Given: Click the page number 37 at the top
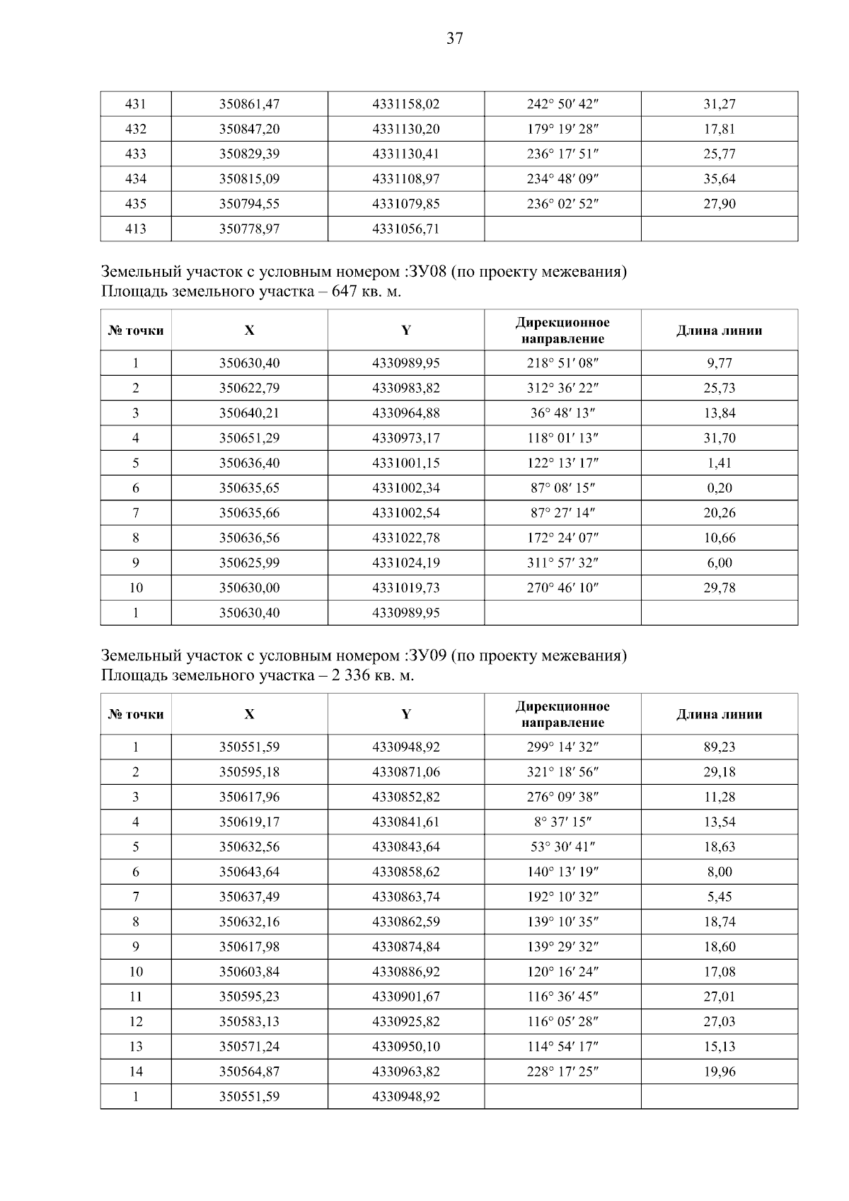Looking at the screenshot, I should point(454,39).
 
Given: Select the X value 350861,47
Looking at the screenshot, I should point(249,104).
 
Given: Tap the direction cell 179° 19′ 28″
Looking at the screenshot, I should point(562,129).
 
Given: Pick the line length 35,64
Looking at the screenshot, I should point(719,179).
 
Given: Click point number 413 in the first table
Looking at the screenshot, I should point(135,229).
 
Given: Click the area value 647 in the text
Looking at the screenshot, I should point(344,292).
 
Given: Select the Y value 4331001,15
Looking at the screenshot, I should point(405,463).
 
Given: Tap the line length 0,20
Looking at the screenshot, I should point(719,488).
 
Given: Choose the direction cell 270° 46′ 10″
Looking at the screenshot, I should point(562,587).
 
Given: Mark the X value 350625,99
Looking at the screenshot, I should point(249,563).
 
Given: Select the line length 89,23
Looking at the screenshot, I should point(719,747).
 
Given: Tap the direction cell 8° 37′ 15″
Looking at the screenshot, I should point(562,822).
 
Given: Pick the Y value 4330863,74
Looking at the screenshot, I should point(405,897).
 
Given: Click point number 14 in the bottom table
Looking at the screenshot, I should point(135,1071).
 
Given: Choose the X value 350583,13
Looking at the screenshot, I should point(249,1021).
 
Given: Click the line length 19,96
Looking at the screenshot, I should point(719,1071).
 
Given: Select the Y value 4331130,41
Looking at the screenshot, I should point(405,154).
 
